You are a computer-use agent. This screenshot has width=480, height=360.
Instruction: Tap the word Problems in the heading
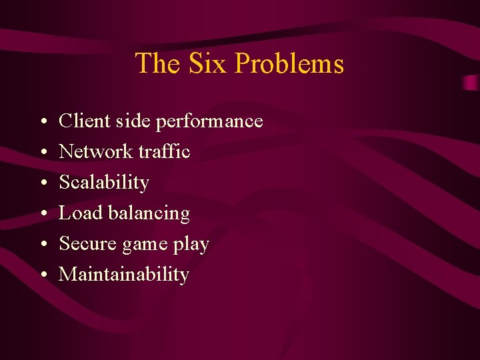[x=289, y=63]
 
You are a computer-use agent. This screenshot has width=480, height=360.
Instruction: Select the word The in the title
[x=158, y=63]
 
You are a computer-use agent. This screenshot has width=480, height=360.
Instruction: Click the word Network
[x=96, y=151]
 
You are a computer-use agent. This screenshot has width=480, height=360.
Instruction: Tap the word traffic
[x=164, y=151]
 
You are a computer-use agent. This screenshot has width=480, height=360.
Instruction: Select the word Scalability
[x=104, y=183]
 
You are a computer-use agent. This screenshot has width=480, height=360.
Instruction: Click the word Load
[x=75, y=213]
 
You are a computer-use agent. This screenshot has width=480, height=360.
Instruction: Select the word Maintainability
[x=124, y=274]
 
